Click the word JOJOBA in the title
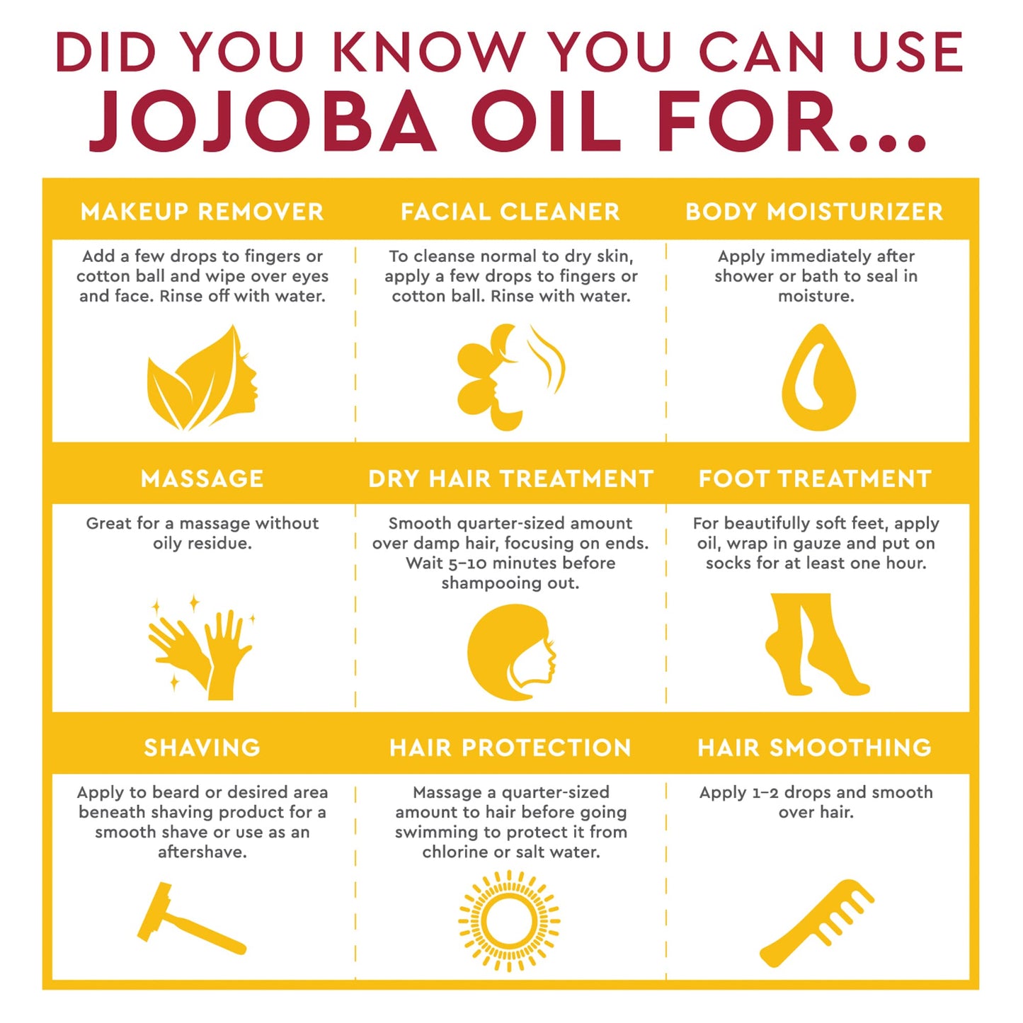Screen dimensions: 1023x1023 (x=262, y=122)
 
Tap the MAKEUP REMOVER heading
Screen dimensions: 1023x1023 (x=202, y=212)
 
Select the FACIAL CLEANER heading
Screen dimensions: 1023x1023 (x=510, y=212)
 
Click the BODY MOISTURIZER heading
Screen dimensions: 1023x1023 (x=814, y=212)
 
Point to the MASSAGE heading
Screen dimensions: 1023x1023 (x=202, y=479)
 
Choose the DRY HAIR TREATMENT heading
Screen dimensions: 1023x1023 (x=510, y=479)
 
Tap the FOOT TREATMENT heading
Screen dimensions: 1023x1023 (x=815, y=479)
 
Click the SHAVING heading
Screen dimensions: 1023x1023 (x=202, y=748)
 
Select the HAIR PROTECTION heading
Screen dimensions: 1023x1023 (x=510, y=748)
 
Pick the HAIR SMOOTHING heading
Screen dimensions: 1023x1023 (x=815, y=748)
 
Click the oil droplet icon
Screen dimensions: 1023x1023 (x=818, y=379)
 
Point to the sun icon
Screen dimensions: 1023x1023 (x=509, y=921)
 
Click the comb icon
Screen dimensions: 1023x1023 (x=817, y=922)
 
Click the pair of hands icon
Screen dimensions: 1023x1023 (x=202, y=650)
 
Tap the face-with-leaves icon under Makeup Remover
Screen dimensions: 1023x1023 (x=202, y=379)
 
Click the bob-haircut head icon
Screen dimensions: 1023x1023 (x=511, y=651)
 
